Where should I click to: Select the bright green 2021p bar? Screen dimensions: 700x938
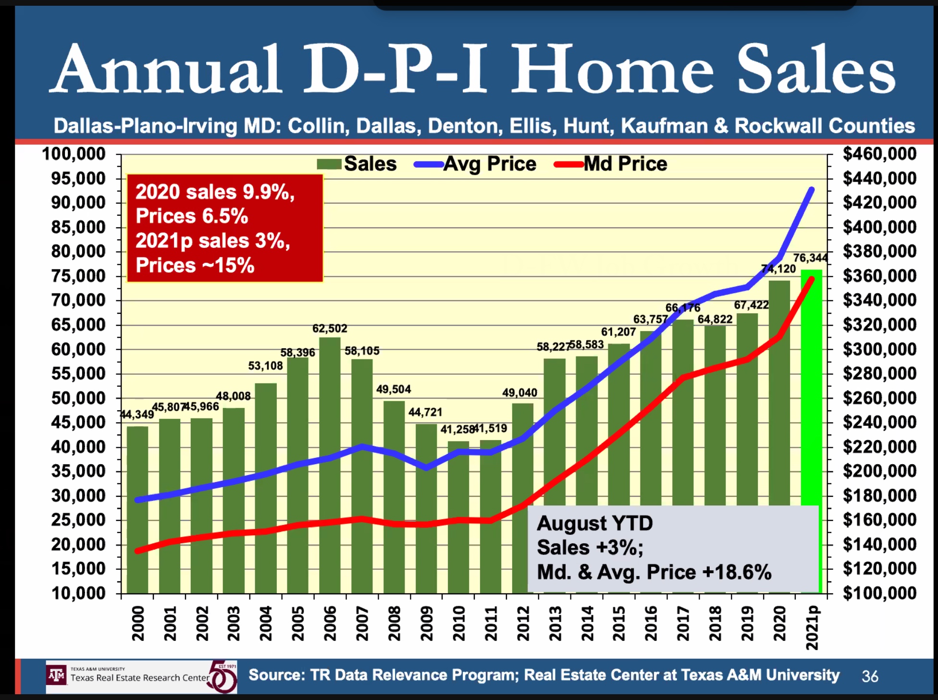point(812,384)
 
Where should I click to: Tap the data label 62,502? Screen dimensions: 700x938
point(330,329)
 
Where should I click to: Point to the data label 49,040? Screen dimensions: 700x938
point(519,393)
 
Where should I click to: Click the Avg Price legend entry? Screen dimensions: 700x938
point(476,164)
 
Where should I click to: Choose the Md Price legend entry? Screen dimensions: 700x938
point(611,164)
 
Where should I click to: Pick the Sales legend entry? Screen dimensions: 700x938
point(358,164)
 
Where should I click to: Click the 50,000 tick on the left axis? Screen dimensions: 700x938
point(78,398)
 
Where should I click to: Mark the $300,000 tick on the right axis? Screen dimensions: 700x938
point(879,349)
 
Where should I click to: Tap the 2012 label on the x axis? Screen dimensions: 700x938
point(523,623)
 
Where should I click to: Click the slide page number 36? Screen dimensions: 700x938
point(870,676)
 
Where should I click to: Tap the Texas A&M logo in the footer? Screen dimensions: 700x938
point(57,675)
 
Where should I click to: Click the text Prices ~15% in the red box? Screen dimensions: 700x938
point(195,265)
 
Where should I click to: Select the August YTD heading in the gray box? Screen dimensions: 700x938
point(594,523)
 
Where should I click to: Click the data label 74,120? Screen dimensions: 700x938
point(778,269)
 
